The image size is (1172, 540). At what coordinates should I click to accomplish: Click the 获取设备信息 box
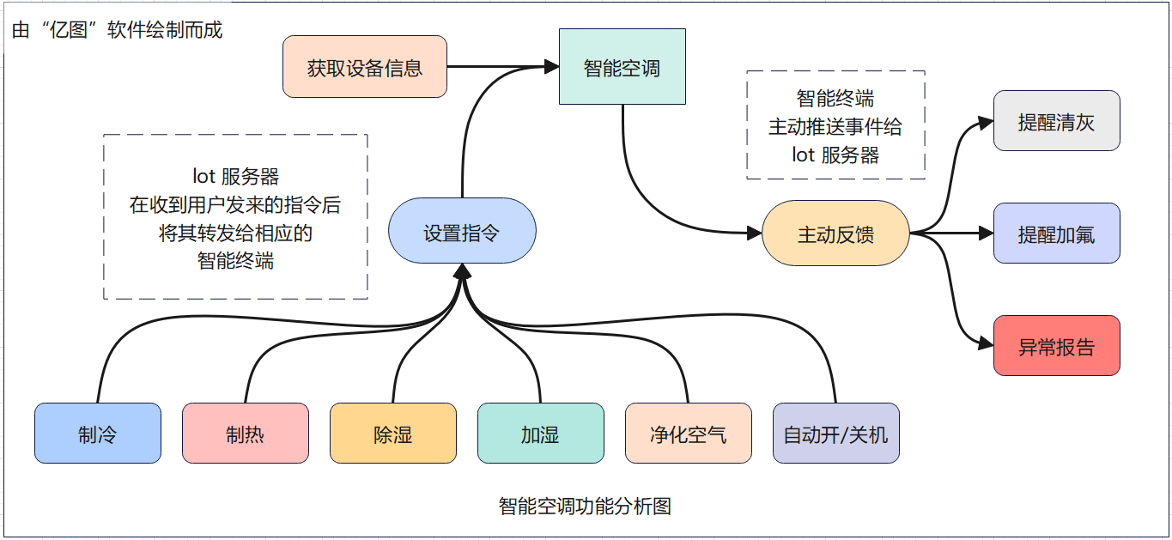point(365,67)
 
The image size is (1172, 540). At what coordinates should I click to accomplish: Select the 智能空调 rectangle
point(622,67)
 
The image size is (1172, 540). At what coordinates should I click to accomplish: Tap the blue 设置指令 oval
point(462,231)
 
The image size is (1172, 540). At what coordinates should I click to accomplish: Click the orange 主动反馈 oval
point(835,233)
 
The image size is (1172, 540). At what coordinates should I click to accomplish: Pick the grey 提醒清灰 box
point(1056,121)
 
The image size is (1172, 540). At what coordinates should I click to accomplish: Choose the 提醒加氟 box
point(1056,233)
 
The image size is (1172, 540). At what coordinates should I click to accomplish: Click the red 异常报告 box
point(1056,345)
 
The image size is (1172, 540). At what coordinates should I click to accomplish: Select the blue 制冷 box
point(98,434)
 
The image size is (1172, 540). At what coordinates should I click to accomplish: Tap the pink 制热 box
point(246,434)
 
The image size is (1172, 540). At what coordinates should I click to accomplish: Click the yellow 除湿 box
point(393,434)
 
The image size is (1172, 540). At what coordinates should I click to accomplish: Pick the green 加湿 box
point(540,434)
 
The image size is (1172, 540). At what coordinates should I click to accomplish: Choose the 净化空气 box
point(688,434)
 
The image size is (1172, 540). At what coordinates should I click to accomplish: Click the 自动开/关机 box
point(835,434)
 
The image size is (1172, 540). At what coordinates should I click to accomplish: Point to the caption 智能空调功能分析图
point(585,506)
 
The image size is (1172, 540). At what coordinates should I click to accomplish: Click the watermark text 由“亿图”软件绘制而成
point(117,31)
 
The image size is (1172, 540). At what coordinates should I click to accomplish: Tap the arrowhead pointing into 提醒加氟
point(986,233)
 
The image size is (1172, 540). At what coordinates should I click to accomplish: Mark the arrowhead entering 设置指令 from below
point(462,270)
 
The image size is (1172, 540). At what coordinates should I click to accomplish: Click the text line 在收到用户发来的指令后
point(235,205)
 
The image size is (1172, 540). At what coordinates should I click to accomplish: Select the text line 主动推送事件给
point(835,127)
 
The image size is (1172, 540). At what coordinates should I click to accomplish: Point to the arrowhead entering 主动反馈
point(755,233)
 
